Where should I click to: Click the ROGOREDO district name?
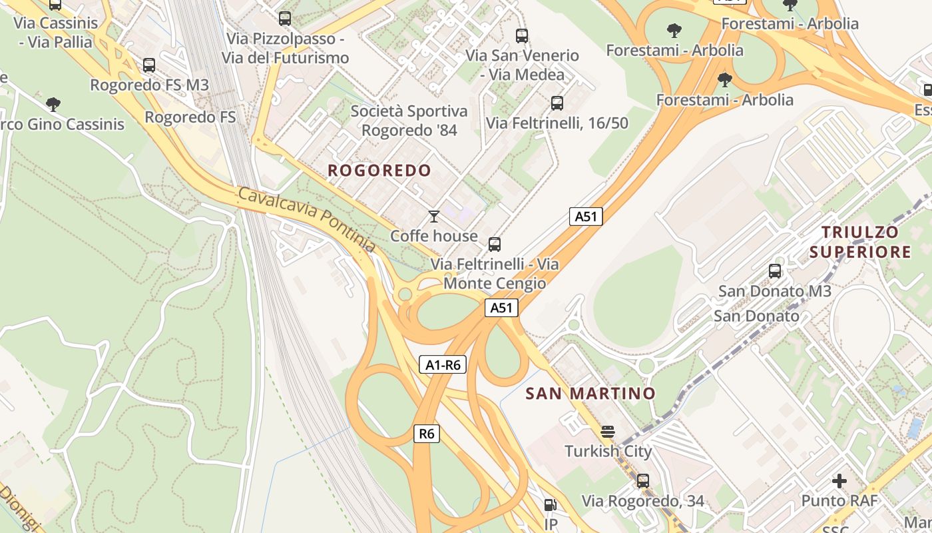[379, 171]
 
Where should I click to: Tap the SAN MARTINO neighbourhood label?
[590, 393]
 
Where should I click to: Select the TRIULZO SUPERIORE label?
[865, 242]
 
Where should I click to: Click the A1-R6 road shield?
[443, 364]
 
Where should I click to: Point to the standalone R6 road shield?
[426, 434]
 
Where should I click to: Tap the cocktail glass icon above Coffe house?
[434, 216]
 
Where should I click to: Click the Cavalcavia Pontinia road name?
[306, 219]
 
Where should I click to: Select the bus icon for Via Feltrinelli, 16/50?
[557, 103]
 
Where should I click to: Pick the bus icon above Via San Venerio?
[522, 36]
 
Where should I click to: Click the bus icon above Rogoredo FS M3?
[149, 65]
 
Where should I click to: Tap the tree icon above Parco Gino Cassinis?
[53, 104]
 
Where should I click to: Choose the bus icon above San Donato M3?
[775, 271]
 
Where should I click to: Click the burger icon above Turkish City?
[608, 431]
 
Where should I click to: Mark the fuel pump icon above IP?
[550, 506]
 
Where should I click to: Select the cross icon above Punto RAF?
[839, 480]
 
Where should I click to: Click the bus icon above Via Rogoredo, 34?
[642, 480]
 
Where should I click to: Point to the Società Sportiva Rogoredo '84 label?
[409, 121]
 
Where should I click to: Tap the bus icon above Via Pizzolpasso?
[285, 19]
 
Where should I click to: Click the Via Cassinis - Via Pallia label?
[56, 32]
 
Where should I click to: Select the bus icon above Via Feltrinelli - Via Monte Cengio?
[495, 245]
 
